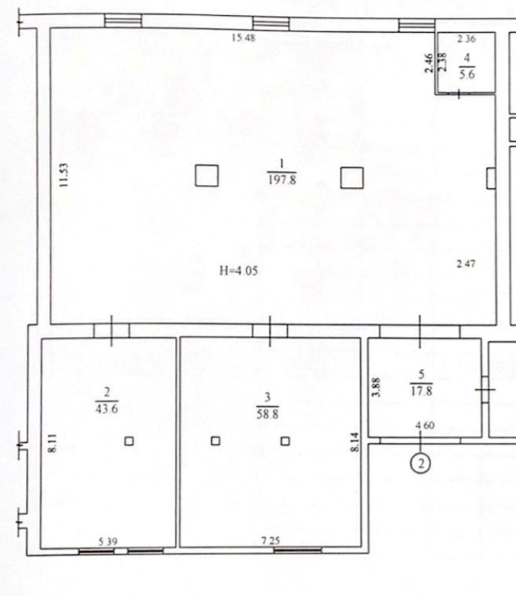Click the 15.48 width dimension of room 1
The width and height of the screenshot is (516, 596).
243,38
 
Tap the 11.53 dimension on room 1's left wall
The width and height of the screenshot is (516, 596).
64,175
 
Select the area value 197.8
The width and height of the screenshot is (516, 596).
282,180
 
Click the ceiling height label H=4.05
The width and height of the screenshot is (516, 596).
239,271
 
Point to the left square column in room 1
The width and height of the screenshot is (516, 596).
207,176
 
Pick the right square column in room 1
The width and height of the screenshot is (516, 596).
352,178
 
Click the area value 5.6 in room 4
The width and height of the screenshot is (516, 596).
467,75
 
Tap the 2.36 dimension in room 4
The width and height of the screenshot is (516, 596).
466,39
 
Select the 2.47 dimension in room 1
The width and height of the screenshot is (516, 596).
466,264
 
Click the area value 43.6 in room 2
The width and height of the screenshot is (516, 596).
107,409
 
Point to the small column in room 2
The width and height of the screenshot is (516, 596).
129,441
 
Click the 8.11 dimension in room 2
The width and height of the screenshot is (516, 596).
53,444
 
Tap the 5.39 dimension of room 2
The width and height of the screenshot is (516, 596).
108,542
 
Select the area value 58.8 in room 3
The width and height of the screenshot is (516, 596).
268,415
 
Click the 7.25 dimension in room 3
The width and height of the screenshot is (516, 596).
271,541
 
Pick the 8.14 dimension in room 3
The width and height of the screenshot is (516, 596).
356,442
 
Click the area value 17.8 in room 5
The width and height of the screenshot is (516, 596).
422,391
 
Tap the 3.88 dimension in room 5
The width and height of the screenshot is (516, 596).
376,387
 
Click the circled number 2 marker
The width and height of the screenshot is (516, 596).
421,464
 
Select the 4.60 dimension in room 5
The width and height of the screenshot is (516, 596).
425,425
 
